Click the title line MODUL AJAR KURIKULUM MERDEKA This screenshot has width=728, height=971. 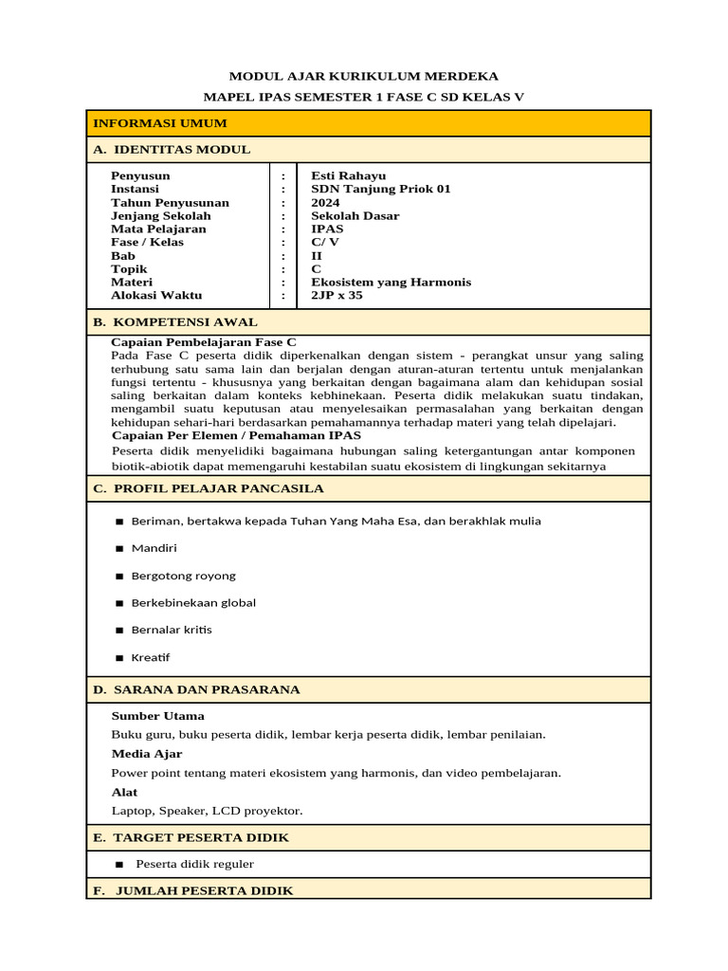364,76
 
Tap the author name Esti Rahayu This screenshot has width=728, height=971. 348,175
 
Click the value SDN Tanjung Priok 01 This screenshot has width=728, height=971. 380,189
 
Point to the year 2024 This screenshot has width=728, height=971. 325,202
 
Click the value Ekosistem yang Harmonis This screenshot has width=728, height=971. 391,282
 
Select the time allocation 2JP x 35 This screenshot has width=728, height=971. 337,295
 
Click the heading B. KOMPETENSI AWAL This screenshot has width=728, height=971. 174,322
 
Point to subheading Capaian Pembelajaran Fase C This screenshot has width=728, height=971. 203,341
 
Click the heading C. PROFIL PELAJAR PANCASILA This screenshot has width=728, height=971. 208,488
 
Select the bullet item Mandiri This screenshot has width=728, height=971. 154,548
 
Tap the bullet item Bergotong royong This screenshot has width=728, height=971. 183,576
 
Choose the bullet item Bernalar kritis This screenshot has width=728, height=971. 172,630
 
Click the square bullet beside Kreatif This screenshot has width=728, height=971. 119,658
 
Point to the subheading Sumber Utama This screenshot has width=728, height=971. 157,716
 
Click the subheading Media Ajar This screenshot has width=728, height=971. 146,754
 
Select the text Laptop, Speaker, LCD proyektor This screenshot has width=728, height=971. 207,811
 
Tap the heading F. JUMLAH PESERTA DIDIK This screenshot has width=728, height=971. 192,890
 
